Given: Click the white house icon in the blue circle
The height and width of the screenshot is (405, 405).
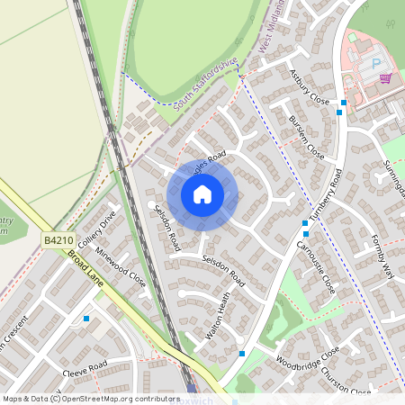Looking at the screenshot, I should tap(202, 193).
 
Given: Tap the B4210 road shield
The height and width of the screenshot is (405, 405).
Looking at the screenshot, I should tap(57, 240).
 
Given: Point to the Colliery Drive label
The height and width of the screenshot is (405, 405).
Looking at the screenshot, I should tap(98, 230).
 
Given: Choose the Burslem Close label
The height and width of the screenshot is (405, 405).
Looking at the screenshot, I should tap(307, 137).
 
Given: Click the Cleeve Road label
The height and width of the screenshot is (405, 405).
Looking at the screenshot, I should tap(85, 369).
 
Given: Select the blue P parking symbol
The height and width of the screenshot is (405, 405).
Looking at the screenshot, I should tap(375, 64).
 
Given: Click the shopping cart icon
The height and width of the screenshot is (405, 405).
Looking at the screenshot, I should tap(385, 78).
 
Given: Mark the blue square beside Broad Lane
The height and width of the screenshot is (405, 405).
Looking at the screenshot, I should tap(86, 319).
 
